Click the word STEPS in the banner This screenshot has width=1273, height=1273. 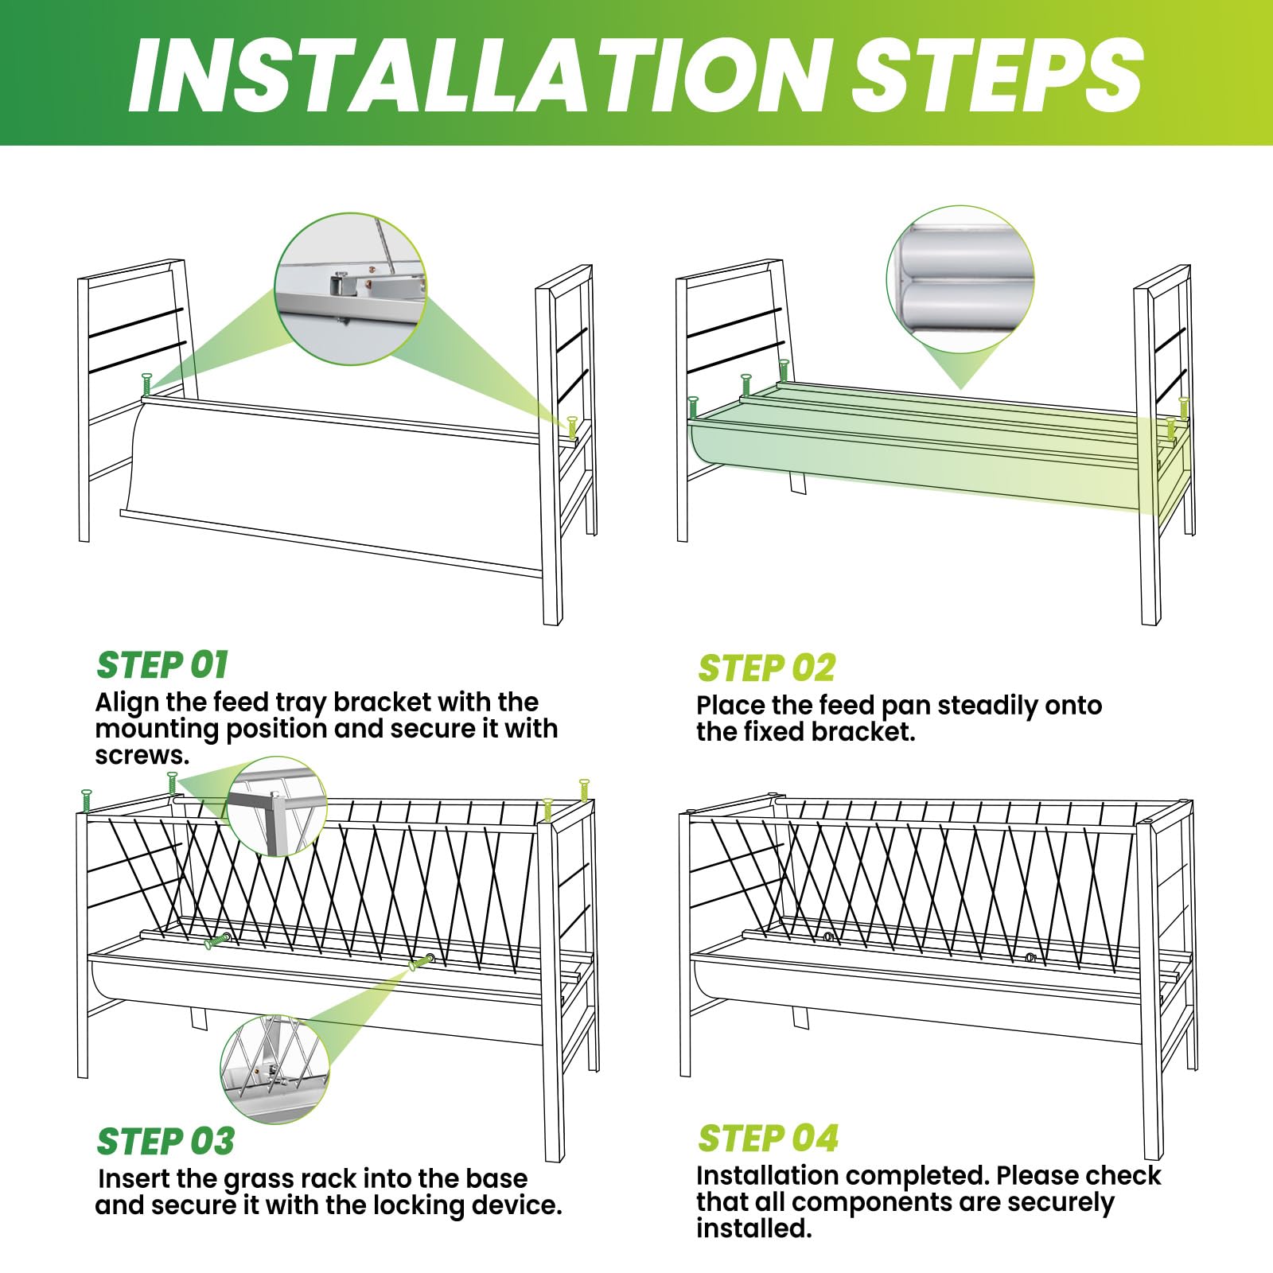click(999, 74)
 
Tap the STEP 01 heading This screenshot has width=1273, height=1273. click(162, 665)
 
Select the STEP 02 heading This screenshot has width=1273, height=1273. click(767, 668)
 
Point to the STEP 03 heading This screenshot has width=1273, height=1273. click(165, 1141)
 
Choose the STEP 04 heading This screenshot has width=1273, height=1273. click(768, 1139)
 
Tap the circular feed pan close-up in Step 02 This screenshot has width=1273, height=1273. click(960, 279)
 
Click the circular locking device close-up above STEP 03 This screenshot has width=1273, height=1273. click(274, 1069)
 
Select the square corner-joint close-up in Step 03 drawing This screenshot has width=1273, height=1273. click(276, 806)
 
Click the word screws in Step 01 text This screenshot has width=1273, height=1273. click(142, 755)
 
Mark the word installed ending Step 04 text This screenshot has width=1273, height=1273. click(753, 1228)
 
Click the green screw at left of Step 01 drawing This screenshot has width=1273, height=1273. click(146, 383)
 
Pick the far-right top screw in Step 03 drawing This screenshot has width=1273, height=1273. click(584, 790)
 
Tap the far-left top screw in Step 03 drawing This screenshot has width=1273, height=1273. click(87, 800)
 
